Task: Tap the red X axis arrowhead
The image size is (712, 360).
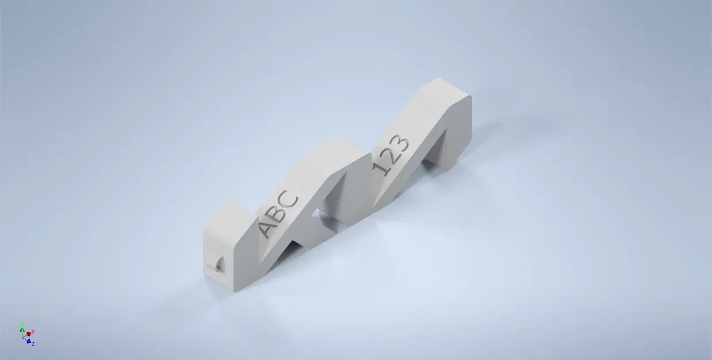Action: click(29, 334)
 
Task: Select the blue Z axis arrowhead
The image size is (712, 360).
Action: click(28, 341)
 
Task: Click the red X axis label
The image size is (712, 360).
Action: click(33, 331)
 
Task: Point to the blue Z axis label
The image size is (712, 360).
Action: click(33, 344)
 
